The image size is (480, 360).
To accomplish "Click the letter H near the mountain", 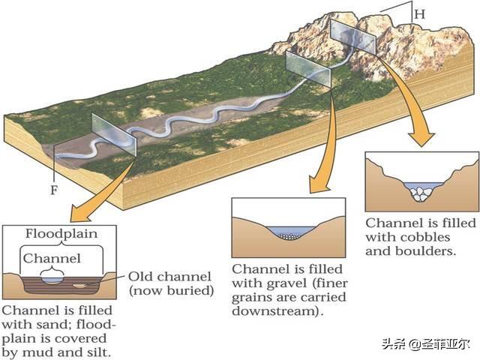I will click(420, 14).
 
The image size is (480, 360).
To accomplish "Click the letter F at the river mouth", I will click(54, 189).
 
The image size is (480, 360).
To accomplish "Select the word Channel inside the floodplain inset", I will click(51, 259).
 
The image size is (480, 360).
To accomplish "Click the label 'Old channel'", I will click(169, 276).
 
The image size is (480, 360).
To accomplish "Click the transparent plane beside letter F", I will click(112, 136).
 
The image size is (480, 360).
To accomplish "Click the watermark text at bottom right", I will click(425, 345).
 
